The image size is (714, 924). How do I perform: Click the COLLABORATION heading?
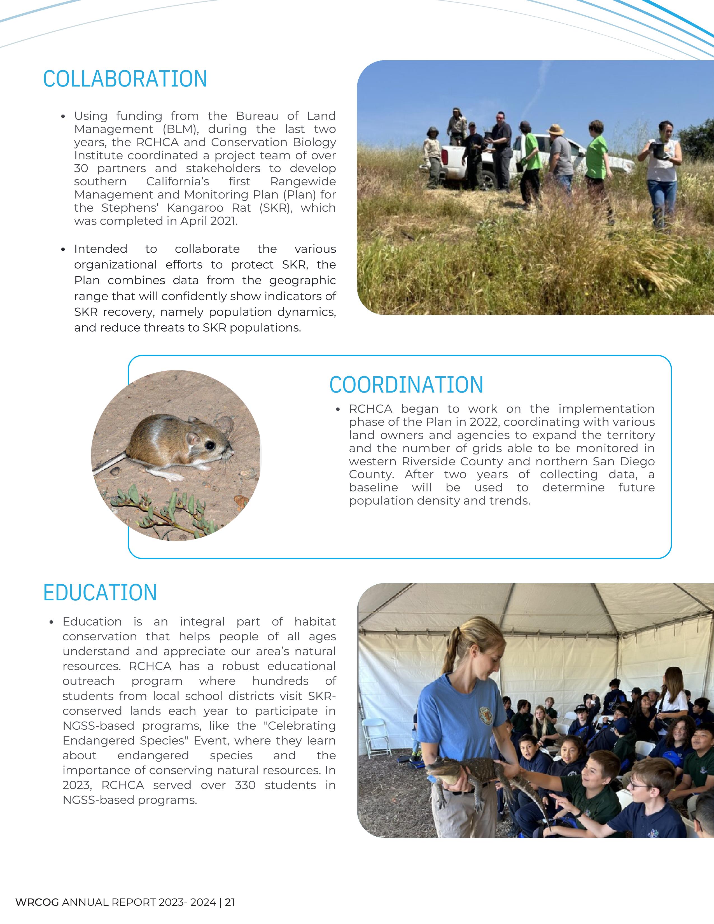click(x=125, y=79)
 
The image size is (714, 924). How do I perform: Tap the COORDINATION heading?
click(x=406, y=385)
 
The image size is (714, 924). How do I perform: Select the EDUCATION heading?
click(x=100, y=593)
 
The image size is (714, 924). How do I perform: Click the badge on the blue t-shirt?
click(x=486, y=715)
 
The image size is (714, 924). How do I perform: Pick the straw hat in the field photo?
click(x=556, y=129)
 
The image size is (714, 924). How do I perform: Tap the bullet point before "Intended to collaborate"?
click(x=63, y=249)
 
